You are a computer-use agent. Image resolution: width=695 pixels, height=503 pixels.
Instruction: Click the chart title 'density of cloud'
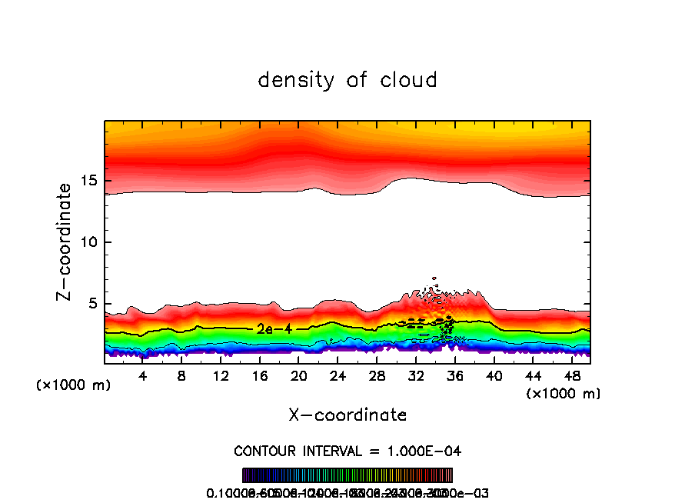pos(347,80)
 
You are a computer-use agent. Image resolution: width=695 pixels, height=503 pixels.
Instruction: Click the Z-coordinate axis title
pos(65,242)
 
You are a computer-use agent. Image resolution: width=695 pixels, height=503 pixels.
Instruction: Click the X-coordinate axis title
pos(347,415)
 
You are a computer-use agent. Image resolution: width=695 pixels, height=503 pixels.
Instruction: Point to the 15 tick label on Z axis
pos(87,181)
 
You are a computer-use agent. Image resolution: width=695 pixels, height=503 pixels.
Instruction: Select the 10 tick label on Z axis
pos(87,242)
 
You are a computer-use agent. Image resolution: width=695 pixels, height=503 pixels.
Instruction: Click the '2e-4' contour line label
pos(274,328)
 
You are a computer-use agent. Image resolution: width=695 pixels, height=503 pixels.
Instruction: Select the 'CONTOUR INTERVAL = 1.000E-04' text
pos(347,451)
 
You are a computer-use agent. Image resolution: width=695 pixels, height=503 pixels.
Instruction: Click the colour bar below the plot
pos(347,475)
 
